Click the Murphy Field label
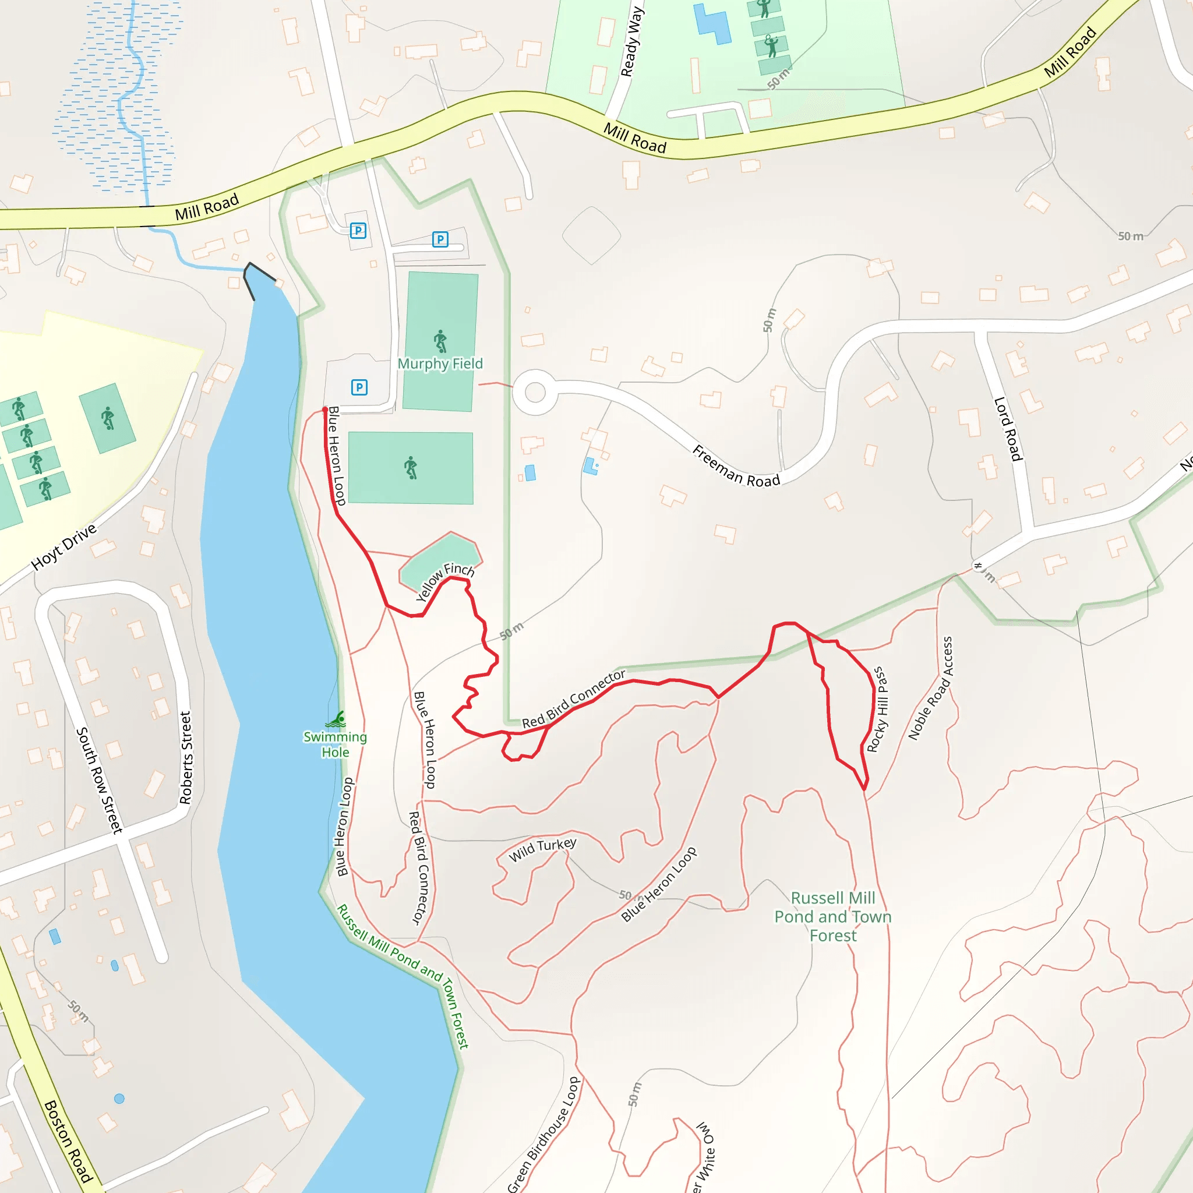440,363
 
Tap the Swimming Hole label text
335,744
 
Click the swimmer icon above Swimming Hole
337,719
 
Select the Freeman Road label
736,466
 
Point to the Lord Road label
1008,429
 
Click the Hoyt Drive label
64,546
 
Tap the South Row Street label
99,780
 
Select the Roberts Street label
185,758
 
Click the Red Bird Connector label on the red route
574,698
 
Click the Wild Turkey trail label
542,850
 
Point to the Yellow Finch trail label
444,581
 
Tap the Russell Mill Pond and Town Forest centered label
833,916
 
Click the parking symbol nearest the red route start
359,387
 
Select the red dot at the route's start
325,410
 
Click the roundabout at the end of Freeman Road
535,392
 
